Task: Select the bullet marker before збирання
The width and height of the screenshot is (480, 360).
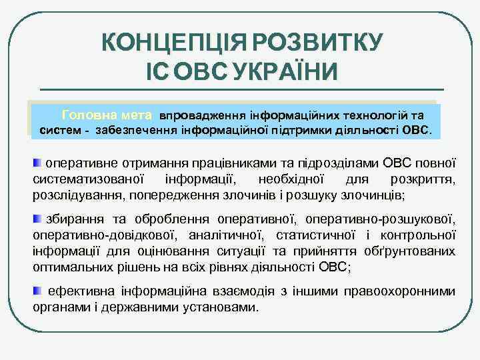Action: tap(37, 219)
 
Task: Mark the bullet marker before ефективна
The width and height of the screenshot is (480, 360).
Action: tap(37, 291)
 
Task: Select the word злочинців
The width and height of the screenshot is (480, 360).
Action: tap(374, 195)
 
